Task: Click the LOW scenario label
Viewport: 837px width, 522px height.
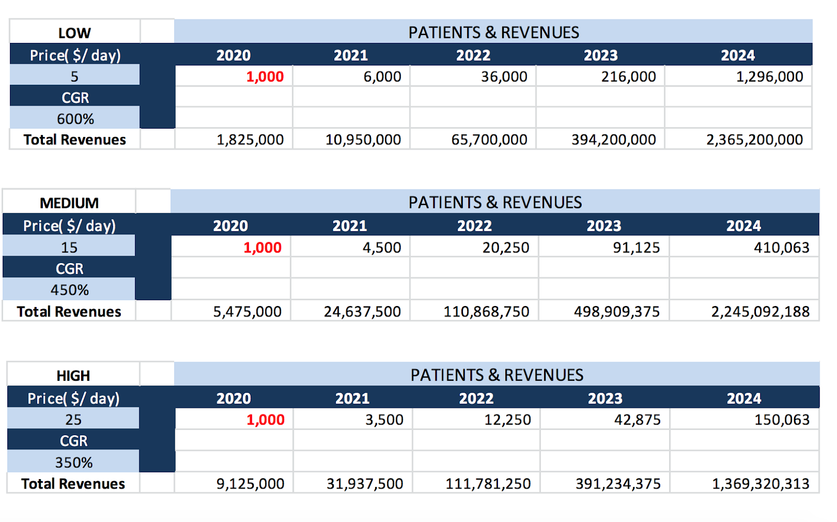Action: [x=74, y=33]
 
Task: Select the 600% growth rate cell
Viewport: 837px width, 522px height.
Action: [x=75, y=119]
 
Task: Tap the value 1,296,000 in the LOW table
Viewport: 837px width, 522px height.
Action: [x=769, y=76]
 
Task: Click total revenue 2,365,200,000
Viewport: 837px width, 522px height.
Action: [x=754, y=140]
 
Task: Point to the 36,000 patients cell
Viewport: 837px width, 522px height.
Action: [x=504, y=76]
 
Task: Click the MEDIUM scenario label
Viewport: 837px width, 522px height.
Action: [x=69, y=203]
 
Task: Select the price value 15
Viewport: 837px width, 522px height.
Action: [x=69, y=247]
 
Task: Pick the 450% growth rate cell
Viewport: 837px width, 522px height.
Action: [x=70, y=290]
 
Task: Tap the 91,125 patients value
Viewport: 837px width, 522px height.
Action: [x=636, y=247]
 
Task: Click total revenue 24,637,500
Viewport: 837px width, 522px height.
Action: [x=362, y=312]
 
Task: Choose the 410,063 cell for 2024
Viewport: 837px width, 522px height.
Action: [x=781, y=247]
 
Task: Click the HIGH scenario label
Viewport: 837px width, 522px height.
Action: [x=73, y=376]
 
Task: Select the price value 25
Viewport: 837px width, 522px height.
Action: [x=73, y=419]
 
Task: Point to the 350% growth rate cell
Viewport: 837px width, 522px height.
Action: [x=74, y=462]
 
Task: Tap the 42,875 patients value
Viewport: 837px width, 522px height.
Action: [x=637, y=419]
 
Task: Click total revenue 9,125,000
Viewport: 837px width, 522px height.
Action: [x=250, y=484]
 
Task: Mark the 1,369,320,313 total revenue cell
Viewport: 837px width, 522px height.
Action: [x=760, y=484]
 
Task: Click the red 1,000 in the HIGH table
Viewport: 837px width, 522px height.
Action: [x=265, y=419]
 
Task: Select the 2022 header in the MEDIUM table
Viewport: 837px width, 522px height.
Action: [x=474, y=226]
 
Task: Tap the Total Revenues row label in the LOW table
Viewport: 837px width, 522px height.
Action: [x=75, y=140]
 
